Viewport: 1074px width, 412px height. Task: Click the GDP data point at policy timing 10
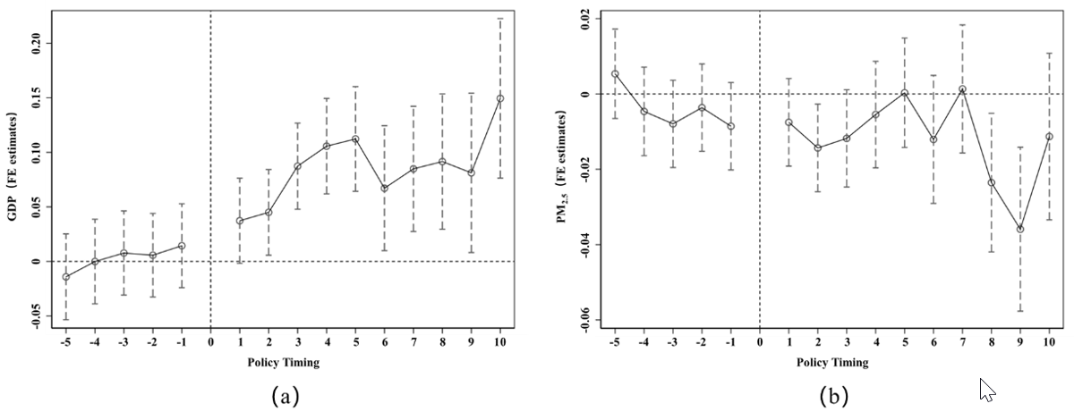[500, 98]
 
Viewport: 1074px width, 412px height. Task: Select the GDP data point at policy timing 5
[355, 139]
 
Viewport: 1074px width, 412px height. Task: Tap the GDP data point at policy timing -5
[65, 277]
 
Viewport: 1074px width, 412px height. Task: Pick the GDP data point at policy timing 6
[384, 189]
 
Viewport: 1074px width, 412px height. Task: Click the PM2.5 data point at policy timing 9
[1020, 229]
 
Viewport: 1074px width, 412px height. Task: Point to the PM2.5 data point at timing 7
[962, 89]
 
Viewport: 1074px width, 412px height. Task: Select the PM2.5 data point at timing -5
[615, 74]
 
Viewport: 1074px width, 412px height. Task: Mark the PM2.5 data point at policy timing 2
[818, 147]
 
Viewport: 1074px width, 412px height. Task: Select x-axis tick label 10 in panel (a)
[500, 342]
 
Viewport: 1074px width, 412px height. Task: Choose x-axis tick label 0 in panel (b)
[760, 342]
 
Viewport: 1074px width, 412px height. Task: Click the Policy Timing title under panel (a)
[283, 363]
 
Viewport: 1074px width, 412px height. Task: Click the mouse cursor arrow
[986, 389]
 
